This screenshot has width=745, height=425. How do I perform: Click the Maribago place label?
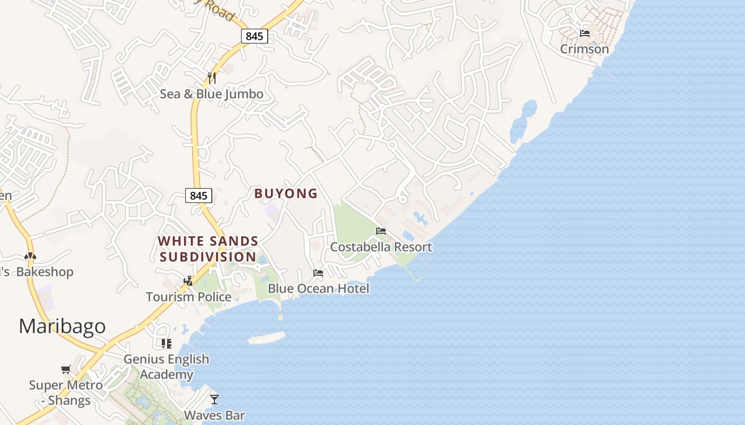62,326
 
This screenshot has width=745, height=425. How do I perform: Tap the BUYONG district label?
286,193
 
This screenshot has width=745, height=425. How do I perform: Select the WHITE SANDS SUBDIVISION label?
208,249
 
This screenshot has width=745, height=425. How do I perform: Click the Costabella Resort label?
381,247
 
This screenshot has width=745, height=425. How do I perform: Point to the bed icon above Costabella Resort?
381,231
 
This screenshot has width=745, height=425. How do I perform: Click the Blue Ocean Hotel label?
318,288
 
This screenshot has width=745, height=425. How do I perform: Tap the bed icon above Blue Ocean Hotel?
318,273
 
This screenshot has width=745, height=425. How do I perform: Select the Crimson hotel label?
584,49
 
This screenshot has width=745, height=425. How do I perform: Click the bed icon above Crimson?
585,33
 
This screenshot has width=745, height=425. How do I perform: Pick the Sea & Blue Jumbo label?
212,94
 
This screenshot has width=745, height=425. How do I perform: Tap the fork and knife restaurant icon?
212,78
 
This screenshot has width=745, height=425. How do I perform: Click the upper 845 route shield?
254,36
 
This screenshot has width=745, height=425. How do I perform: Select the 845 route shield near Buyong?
198,195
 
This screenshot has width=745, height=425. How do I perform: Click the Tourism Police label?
189,296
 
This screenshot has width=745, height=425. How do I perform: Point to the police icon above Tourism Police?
188,280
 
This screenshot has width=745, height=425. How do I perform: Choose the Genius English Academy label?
167,367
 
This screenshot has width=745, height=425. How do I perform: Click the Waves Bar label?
214,415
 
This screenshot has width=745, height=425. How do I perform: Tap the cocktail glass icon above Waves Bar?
214,399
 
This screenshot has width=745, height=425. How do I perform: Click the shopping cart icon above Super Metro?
66,369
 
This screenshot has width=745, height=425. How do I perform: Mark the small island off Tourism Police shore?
267,337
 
